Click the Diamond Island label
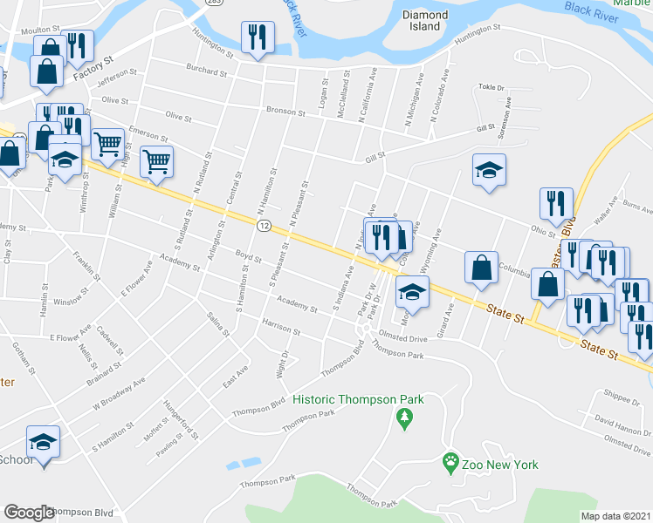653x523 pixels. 425,21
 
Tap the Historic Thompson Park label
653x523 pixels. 358,399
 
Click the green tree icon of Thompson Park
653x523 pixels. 403,421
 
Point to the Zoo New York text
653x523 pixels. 501,465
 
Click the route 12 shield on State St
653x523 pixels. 263,225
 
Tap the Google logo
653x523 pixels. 29,513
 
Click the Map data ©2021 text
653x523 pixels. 615,516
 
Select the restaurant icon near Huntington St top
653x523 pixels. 257,37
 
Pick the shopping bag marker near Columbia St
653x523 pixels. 481,268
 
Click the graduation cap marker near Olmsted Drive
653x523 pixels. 413,293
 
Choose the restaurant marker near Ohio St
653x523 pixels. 556,204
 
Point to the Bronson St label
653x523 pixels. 286,113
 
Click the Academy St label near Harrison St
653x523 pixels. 297,305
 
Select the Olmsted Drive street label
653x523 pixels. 402,336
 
